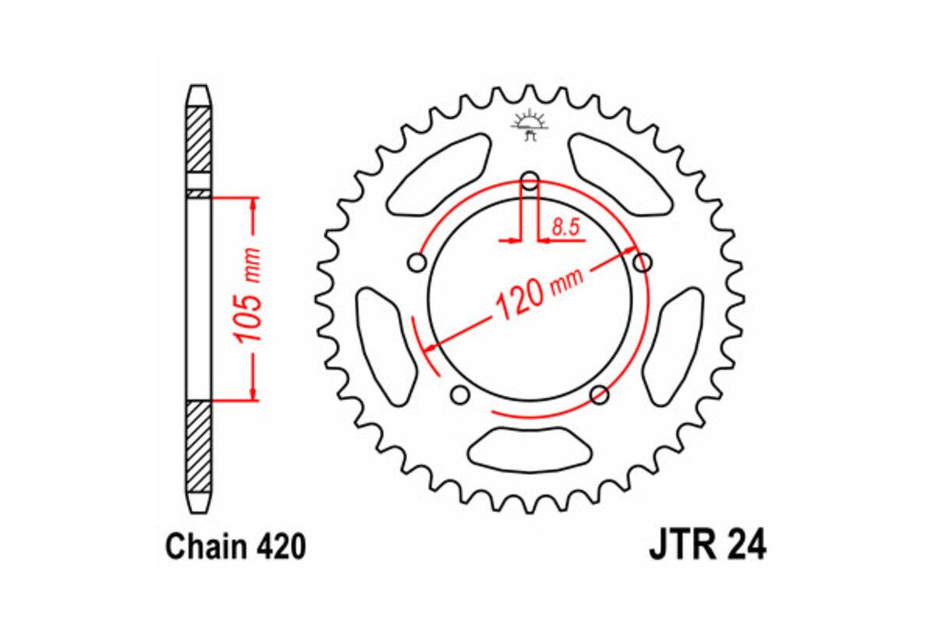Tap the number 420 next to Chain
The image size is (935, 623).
point(277,547)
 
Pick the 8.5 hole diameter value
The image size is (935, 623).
point(564,227)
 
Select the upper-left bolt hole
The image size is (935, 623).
point(418,262)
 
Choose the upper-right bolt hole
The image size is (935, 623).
point(642,262)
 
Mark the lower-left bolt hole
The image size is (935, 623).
point(460,395)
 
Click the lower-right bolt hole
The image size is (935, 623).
point(599,395)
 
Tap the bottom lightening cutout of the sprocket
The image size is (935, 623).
point(530,449)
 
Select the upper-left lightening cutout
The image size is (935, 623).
point(437,174)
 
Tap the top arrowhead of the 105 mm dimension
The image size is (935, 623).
point(252,205)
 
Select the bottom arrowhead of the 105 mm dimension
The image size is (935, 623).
point(252,394)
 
